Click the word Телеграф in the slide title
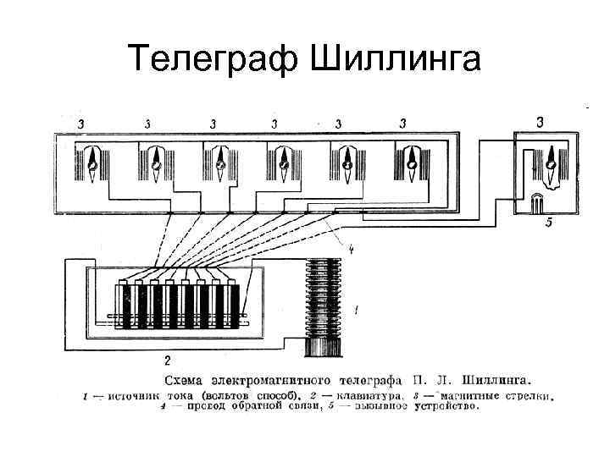pos(215,59)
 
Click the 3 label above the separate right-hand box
pos(541,122)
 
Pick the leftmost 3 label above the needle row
pos(81,124)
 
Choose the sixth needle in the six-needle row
pos(412,161)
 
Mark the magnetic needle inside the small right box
pos(550,161)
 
